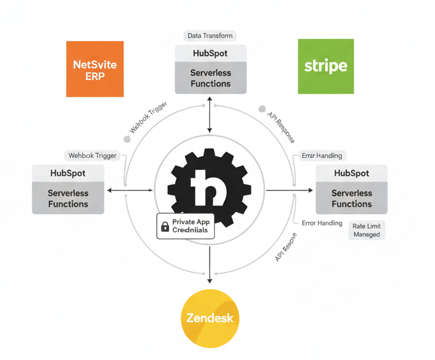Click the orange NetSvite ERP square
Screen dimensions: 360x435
(x=95, y=69)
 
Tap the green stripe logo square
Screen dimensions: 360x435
(x=325, y=66)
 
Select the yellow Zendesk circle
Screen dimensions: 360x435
(x=210, y=318)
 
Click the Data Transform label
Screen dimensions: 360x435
(x=210, y=36)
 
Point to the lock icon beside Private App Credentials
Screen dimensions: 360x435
(x=165, y=226)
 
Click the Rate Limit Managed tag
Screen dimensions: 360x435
(x=367, y=230)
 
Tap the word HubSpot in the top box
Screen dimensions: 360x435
(x=210, y=53)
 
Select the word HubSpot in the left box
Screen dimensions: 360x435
(x=68, y=173)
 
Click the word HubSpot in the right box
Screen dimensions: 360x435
(x=351, y=173)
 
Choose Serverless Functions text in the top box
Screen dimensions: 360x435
(x=211, y=78)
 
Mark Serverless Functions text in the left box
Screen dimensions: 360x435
(x=68, y=199)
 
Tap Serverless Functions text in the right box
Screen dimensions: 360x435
(x=351, y=199)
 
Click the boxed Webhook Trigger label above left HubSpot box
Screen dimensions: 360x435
(x=93, y=156)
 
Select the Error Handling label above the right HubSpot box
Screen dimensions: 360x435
(x=322, y=156)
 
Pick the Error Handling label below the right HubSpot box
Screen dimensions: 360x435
(x=322, y=223)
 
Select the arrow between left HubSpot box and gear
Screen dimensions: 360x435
(x=129, y=190)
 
